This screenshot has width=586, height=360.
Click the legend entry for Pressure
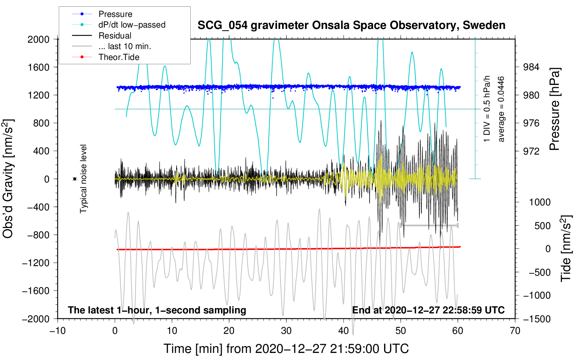click(x=115, y=14)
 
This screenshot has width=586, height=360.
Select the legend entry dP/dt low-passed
click(x=132, y=25)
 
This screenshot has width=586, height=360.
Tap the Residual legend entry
click(x=115, y=36)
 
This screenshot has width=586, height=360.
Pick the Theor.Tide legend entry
click(x=119, y=57)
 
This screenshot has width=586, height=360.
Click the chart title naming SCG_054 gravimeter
click(x=351, y=25)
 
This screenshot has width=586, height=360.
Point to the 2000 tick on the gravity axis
click(x=38, y=39)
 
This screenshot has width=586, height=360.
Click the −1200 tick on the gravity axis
click(x=36, y=263)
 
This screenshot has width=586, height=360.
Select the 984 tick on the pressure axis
click(x=531, y=67)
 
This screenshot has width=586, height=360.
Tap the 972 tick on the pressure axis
click(x=531, y=151)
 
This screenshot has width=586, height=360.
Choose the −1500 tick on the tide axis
click(x=537, y=319)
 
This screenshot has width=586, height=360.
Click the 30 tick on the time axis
click(x=286, y=331)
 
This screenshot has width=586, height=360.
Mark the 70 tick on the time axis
click(x=515, y=331)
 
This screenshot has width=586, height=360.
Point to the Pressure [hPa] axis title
click(x=555, y=109)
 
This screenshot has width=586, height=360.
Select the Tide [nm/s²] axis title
click(x=566, y=248)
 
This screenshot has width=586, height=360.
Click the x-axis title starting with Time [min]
click(x=286, y=349)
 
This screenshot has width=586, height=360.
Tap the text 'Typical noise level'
click(x=83, y=179)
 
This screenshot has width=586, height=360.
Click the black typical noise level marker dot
click(x=75, y=179)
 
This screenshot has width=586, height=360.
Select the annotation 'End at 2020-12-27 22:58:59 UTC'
click(x=428, y=310)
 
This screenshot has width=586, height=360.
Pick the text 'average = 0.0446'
click(x=501, y=109)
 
